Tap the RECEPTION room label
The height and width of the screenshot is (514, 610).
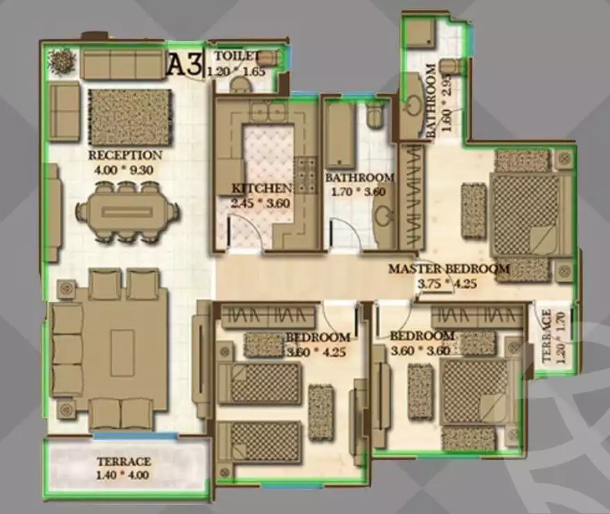(125, 155)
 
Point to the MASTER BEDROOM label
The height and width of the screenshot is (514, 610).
(449, 268)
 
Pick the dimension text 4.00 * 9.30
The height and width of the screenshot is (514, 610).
(125, 167)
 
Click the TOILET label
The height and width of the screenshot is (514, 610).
(236, 56)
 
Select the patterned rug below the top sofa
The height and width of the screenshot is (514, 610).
(129, 117)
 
